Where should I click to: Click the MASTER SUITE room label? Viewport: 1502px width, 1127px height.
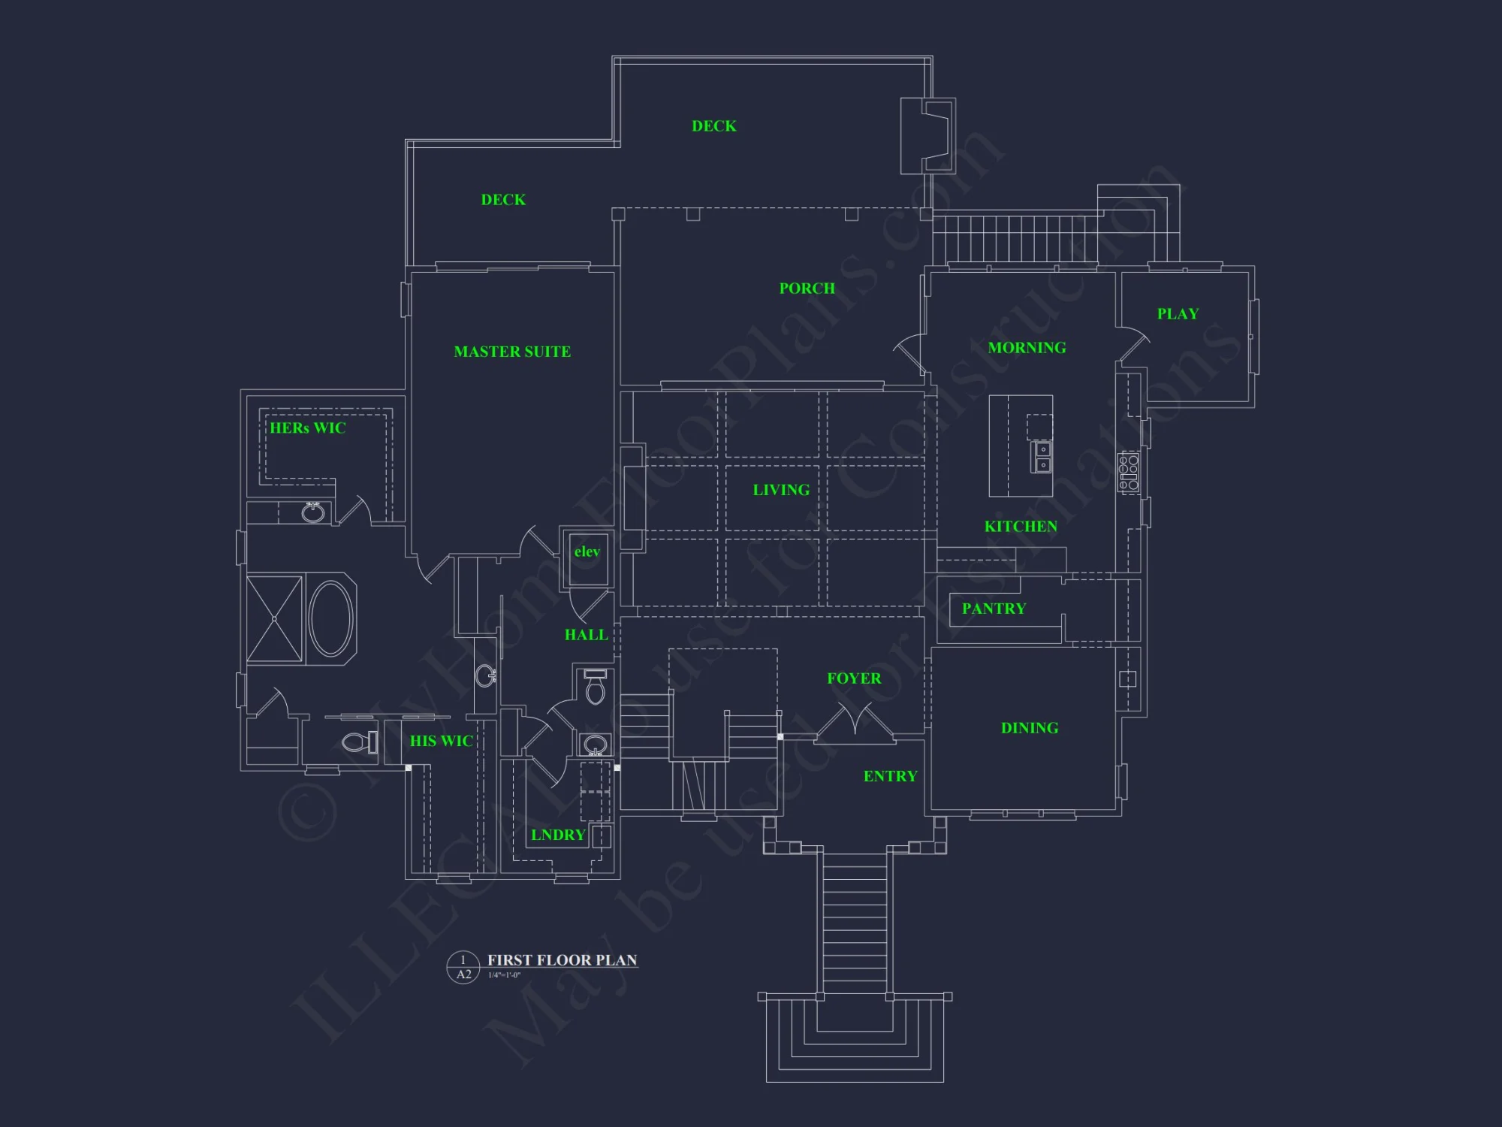pos(512,352)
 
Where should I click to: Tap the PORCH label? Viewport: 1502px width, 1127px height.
pos(807,289)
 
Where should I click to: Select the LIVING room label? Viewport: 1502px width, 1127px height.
pos(781,490)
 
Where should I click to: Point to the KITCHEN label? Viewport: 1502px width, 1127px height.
pos(1021,527)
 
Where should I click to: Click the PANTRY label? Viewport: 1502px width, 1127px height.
pos(994,609)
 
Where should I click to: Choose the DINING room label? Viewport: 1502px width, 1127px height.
pos(1030,728)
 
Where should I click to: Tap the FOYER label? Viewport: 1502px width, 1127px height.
pos(854,678)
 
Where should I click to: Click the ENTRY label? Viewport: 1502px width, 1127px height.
pos(890,776)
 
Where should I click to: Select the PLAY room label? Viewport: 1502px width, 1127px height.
pos(1178,314)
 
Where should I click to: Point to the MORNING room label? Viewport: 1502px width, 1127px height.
pos(1027,348)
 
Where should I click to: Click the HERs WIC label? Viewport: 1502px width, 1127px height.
pos(308,428)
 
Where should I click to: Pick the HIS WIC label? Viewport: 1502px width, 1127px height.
pos(441,741)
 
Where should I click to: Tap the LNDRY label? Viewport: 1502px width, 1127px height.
pos(557,835)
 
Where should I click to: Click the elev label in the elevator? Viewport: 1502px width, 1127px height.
pos(587,551)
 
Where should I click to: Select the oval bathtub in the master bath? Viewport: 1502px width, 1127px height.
pos(330,618)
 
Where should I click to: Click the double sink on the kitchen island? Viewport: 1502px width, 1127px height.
pos(1042,457)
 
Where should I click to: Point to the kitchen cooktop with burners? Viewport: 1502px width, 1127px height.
pos(1129,473)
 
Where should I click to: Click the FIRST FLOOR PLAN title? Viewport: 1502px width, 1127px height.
pos(562,960)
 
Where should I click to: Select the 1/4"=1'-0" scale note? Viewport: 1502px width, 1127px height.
pos(504,975)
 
